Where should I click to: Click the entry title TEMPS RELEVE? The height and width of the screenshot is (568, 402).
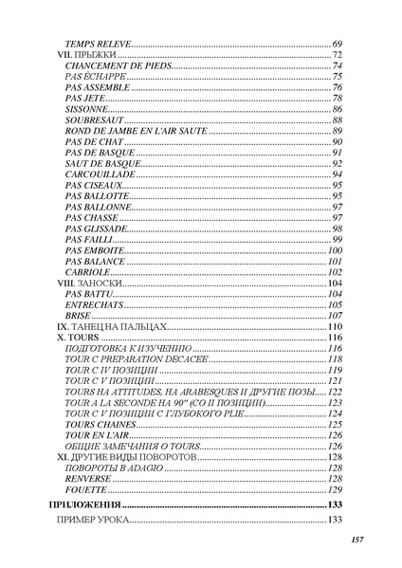coord(98,45)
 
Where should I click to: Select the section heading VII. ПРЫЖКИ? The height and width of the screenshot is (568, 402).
coord(78,56)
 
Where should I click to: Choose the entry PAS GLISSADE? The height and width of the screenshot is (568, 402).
coord(96,229)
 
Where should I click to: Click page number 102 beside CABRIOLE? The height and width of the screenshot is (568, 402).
coord(335,272)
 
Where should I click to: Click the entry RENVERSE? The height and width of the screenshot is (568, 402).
coord(90,478)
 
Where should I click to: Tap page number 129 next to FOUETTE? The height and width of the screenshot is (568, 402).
coord(335,489)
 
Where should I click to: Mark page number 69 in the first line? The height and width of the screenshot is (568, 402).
coord(337,45)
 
